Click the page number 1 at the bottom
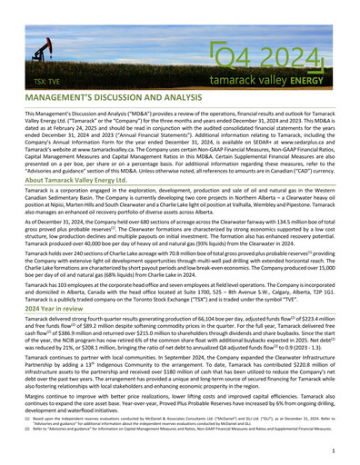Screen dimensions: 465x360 pyautogui.click(x=334, y=450)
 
